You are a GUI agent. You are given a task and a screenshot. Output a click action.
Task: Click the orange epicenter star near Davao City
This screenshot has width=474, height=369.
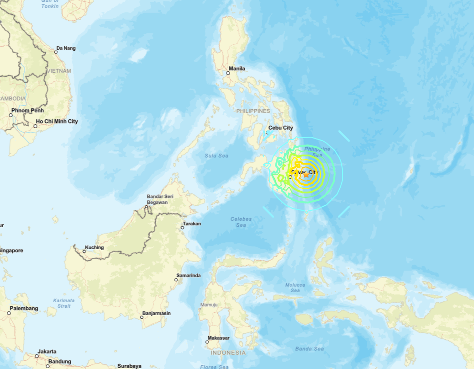pos(306,174)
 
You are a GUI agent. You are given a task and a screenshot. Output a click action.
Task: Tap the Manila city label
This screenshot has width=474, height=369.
pos(237,69)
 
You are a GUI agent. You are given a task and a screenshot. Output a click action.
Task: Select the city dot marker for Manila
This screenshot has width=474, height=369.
pos(228,73)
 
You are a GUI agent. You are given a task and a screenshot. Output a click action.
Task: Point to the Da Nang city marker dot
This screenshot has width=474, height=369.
pos(56,52)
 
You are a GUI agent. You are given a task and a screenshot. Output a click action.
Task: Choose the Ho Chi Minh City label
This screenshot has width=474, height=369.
pos(57,121)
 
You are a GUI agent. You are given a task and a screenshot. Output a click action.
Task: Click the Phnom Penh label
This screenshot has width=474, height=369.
pos(28,111)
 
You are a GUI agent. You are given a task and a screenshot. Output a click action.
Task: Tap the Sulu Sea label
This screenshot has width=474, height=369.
pos(216,156)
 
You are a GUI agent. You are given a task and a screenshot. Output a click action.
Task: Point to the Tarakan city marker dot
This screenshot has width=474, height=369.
pos(181,227)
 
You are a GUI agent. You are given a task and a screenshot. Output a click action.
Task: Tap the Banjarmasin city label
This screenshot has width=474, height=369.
pos(157,313)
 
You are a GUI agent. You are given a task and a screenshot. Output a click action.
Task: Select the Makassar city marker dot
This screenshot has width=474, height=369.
pos(207,342)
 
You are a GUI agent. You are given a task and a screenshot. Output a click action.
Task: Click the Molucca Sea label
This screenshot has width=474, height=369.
pos(295,288)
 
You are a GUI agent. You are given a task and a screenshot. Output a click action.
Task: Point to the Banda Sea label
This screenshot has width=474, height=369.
pos(309,349)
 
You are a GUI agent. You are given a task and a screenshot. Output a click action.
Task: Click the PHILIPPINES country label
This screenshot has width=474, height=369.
pos(253,111)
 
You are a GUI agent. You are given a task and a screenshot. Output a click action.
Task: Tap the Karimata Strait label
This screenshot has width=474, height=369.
pos(64,303)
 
